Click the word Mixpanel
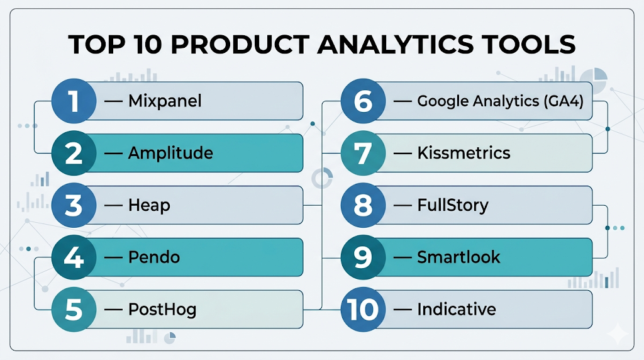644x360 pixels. pyautogui.click(x=165, y=101)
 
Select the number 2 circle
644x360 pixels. pyautogui.click(x=74, y=154)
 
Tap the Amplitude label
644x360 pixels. pyautogui.click(x=170, y=154)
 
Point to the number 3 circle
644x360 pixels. pyautogui.click(x=74, y=205)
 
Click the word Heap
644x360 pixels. pyautogui.click(x=149, y=205)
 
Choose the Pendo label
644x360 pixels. pyautogui.click(x=154, y=257)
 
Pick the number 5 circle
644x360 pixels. pyautogui.click(x=74, y=310)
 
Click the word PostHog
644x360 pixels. pyautogui.click(x=162, y=310)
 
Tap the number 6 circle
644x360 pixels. pyautogui.click(x=363, y=101)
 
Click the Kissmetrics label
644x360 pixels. pyautogui.click(x=464, y=153)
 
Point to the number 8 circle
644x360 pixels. pyautogui.click(x=363, y=205)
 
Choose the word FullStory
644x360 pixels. pyautogui.click(x=453, y=205)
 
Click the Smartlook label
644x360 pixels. pyautogui.click(x=458, y=257)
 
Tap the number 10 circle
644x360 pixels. pyautogui.click(x=363, y=310)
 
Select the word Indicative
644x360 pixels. pyautogui.click(x=457, y=310)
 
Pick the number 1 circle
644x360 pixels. pyautogui.click(x=74, y=101)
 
